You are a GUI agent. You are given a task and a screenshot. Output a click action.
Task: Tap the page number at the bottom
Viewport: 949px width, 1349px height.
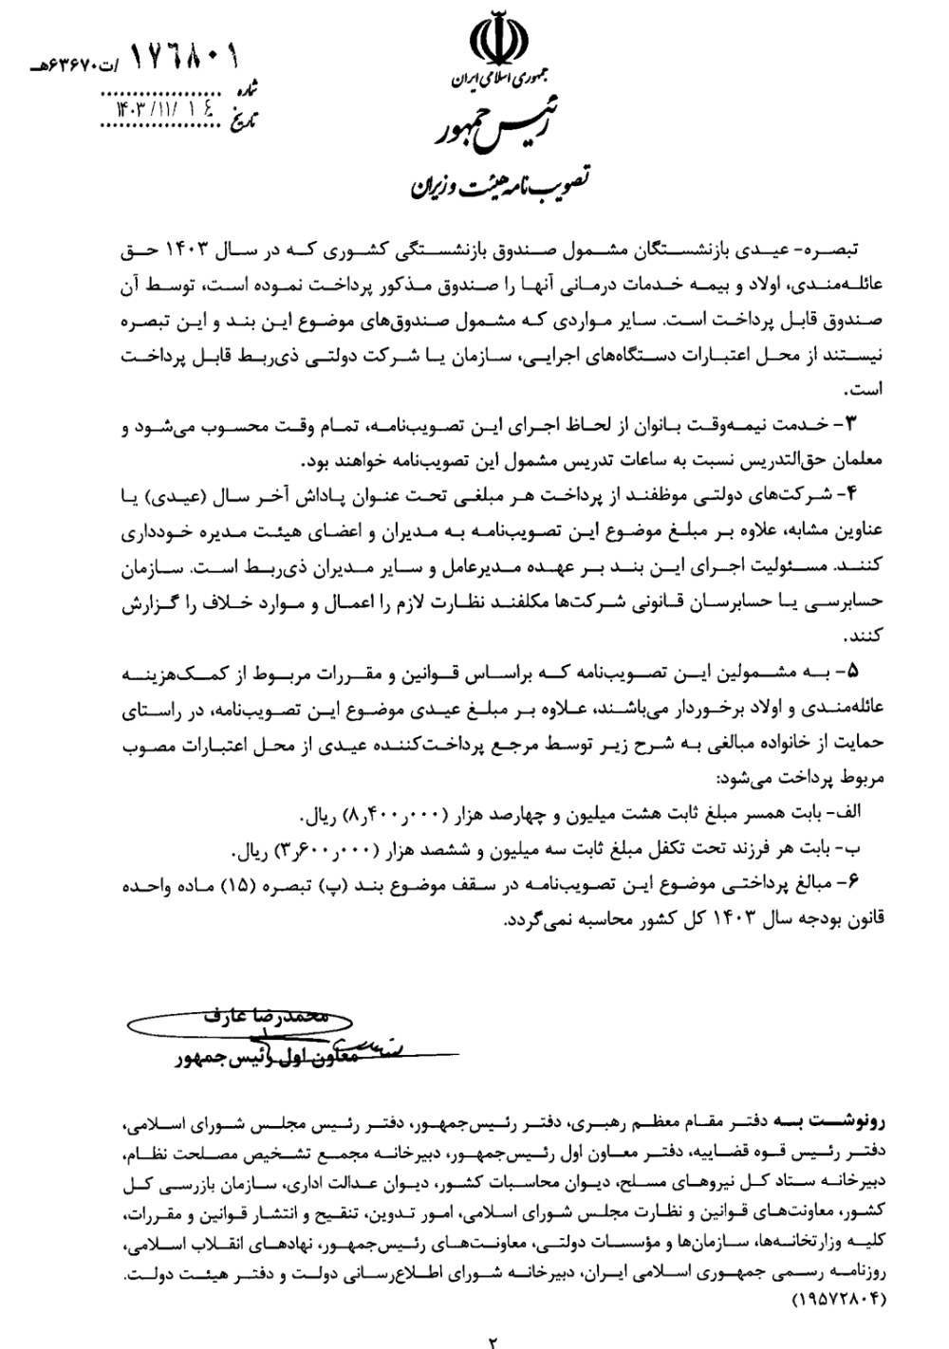[x=493, y=1340]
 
